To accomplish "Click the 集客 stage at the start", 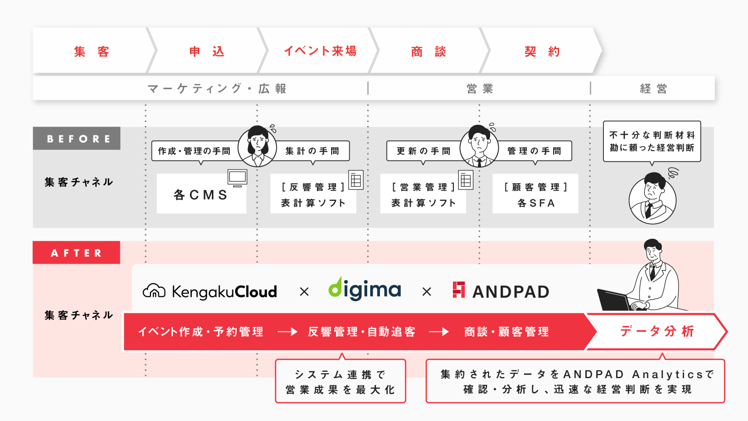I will [x=92, y=51].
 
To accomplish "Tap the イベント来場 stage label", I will [x=320, y=51].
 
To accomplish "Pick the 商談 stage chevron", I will [x=429, y=51].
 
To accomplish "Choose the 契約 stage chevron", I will [x=542, y=51].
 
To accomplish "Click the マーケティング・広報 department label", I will [x=217, y=89].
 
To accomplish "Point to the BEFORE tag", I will [x=77, y=139].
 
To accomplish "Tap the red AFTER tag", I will [x=76, y=253].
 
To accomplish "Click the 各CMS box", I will [x=201, y=195].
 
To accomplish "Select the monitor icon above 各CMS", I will [x=237, y=178].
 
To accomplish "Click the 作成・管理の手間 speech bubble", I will [x=194, y=151].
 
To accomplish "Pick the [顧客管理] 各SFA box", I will [x=535, y=194].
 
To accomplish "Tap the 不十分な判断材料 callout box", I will [x=652, y=141].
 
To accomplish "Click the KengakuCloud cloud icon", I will [x=154, y=291].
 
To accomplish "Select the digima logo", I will [x=365, y=289].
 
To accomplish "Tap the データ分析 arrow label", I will [x=656, y=331].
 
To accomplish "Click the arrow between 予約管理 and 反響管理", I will [x=287, y=332].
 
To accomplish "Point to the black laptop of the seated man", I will [x=614, y=300].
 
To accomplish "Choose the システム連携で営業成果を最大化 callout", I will [x=340, y=382].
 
